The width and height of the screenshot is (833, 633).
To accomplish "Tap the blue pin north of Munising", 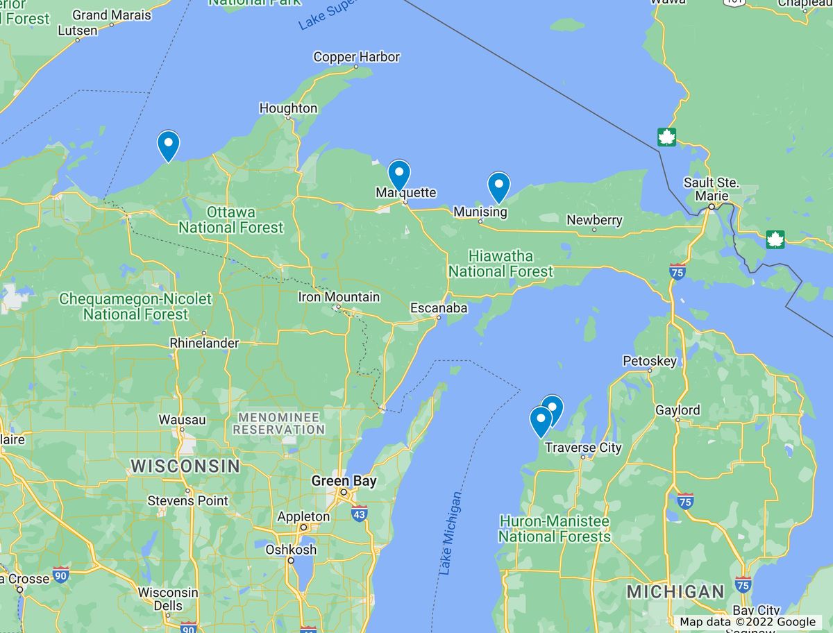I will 498,186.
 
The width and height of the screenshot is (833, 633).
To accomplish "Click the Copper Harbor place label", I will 356,57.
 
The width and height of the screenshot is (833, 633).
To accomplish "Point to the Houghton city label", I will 288,108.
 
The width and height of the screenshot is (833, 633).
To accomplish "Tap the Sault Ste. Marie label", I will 712,189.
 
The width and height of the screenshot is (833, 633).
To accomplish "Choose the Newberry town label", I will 594,220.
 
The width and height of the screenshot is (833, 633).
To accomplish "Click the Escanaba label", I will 439,307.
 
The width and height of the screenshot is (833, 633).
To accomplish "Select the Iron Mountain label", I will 339,297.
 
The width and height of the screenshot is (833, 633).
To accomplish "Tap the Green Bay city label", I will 344,481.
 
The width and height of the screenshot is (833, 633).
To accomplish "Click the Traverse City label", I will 583,448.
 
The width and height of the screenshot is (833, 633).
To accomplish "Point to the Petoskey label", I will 649,361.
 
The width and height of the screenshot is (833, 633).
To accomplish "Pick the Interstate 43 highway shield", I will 359,514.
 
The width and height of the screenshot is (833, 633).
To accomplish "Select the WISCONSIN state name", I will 185,466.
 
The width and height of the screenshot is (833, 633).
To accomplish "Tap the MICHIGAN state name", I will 675,592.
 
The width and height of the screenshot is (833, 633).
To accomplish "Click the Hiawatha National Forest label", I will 500,264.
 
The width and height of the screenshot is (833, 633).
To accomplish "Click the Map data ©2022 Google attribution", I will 748,622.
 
